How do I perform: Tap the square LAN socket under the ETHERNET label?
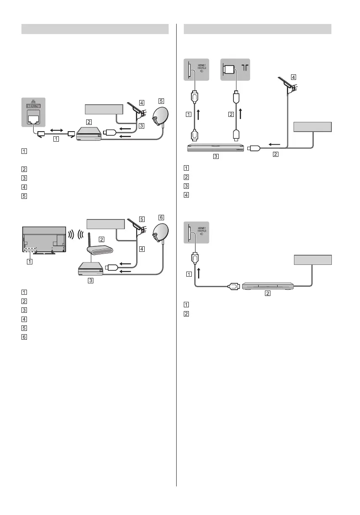pyautogui.click(x=33, y=119)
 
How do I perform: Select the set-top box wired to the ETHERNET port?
pyautogui.click(x=89, y=134)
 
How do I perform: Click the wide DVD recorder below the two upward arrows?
pyautogui.click(x=215, y=148)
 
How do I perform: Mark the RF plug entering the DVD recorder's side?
pyautogui.click(x=255, y=148)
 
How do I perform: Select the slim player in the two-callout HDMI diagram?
pyautogui.click(x=267, y=285)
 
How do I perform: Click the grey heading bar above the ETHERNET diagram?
pyautogui.click(x=95, y=29)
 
